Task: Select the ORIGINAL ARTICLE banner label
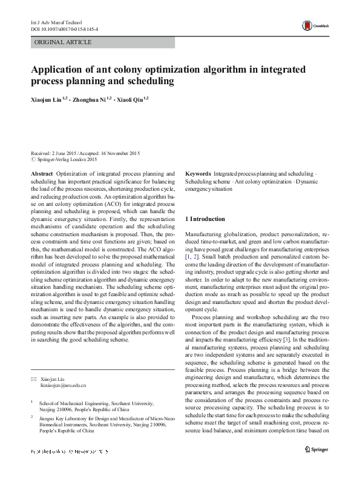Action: [x=64, y=42]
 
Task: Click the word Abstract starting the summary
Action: [x=42, y=173]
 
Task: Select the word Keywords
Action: [x=198, y=173]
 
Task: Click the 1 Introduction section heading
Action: [x=205, y=219]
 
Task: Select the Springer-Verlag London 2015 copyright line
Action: [x=64, y=159]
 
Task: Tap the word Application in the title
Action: [x=59, y=69]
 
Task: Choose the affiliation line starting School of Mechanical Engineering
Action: [x=96, y=402]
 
